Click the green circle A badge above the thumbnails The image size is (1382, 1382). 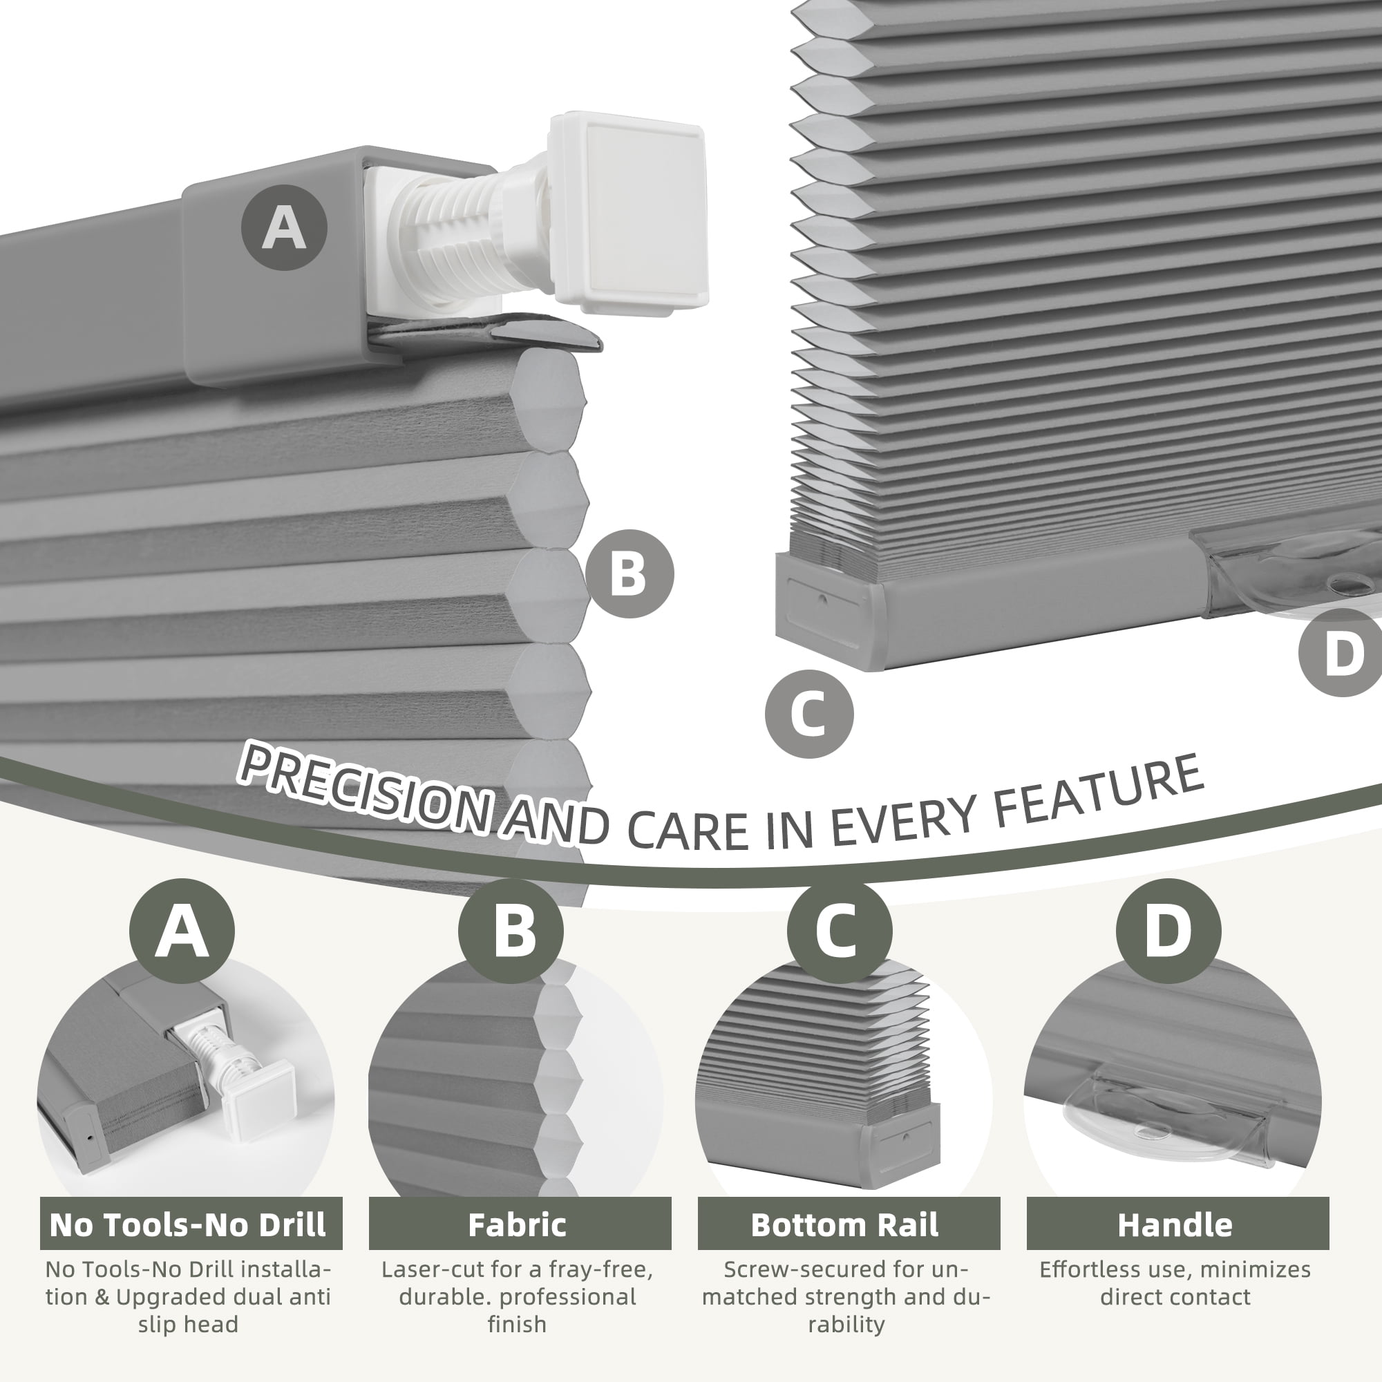coord(182,931)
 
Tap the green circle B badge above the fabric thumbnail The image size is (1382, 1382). coord(511,931)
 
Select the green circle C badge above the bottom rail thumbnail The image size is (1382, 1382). coord(840,931)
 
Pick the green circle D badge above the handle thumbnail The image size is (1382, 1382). coord(1169,931)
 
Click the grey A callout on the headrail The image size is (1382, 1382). coord(284,228)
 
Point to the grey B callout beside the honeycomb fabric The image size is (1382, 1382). coord(630,574)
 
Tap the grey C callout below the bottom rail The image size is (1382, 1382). coord(809,714)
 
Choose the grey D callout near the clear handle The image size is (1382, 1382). coord(1341,652)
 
